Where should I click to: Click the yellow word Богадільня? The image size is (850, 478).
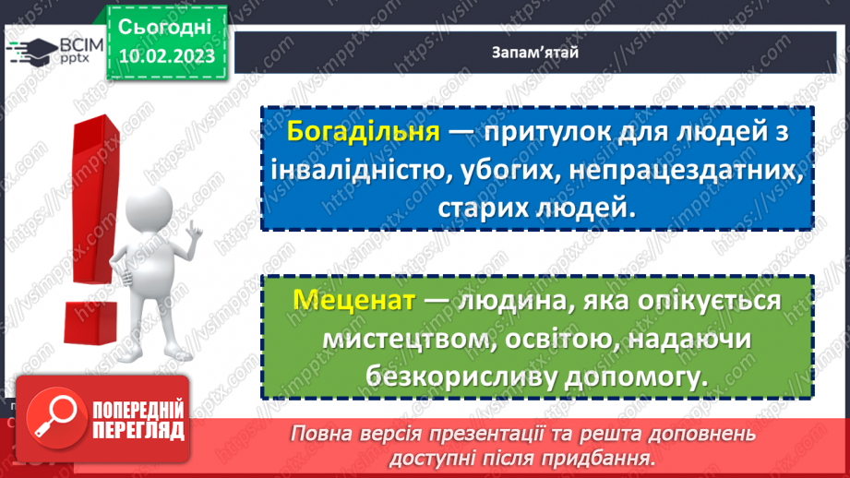[x=362, y=131]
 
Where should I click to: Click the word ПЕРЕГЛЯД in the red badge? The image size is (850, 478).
[x=138, y=430]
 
